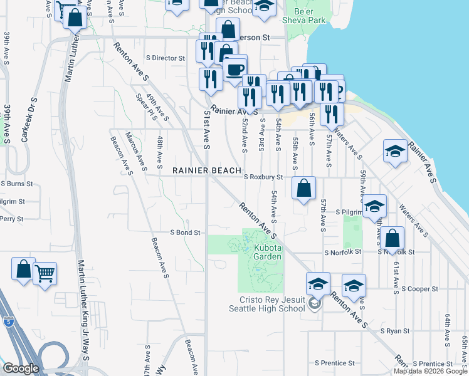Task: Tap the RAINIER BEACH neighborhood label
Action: coord(208,170)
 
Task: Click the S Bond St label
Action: coord(185,232)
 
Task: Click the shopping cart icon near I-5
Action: coord(45,273)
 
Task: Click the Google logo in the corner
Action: coord(21,368)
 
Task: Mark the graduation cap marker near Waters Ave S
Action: coord(394,151)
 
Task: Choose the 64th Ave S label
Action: coord(447,329)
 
